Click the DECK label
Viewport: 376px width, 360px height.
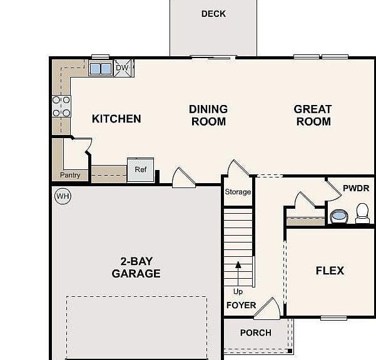point(213,14)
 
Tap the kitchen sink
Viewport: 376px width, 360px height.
point(101,69)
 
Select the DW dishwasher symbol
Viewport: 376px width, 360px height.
point(123,68)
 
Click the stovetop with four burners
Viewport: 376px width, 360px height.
point(61,106)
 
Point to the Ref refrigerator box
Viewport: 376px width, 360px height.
point(140,170)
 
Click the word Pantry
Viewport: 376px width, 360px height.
point(70,176)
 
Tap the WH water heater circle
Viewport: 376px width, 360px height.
point(63,196)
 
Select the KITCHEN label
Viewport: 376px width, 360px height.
point(116,119)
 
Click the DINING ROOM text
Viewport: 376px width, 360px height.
point(208,116)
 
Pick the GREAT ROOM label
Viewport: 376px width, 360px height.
point(313,116)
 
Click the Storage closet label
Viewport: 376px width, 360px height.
point(238,192)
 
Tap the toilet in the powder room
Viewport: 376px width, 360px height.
point(362,213)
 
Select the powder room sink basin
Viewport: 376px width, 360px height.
point(338,216)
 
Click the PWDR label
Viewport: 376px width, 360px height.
point(356,188)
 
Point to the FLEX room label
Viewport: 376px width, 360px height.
point(330,271)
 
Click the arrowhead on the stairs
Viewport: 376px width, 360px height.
point(238,264)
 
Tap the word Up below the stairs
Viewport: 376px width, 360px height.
point(238,292)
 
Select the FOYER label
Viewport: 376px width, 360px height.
point(241,306)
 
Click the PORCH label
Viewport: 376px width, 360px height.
point(256,332)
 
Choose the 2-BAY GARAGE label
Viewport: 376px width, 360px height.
point(136,267)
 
